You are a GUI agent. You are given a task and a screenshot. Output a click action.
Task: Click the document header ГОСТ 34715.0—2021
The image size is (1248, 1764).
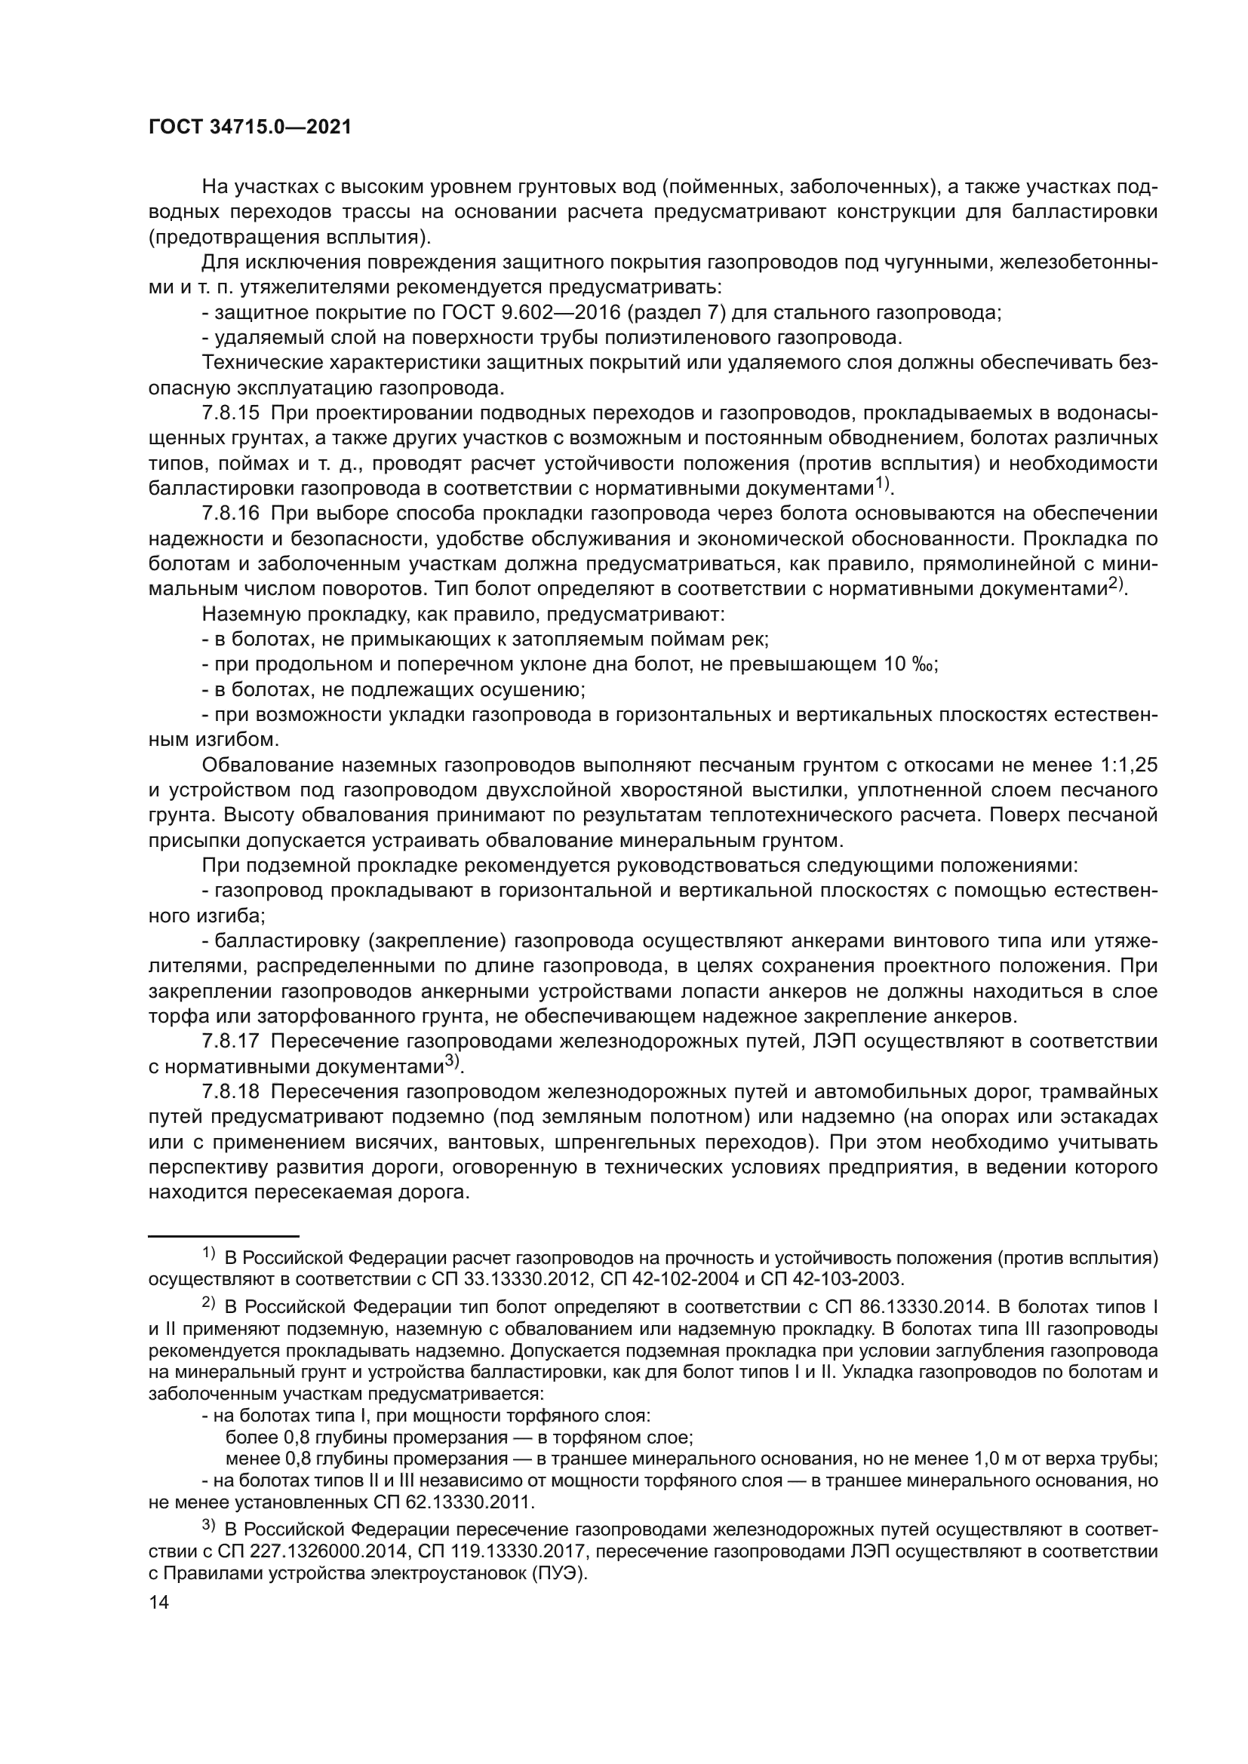pyautogui.click(x=250, y=127)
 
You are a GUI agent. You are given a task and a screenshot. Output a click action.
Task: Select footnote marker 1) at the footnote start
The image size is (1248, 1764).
pyautogui.click(x=208, y=1253)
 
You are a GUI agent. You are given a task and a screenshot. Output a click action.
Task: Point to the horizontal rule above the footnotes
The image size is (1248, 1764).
pyautogui.click(x=223, y=1236)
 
